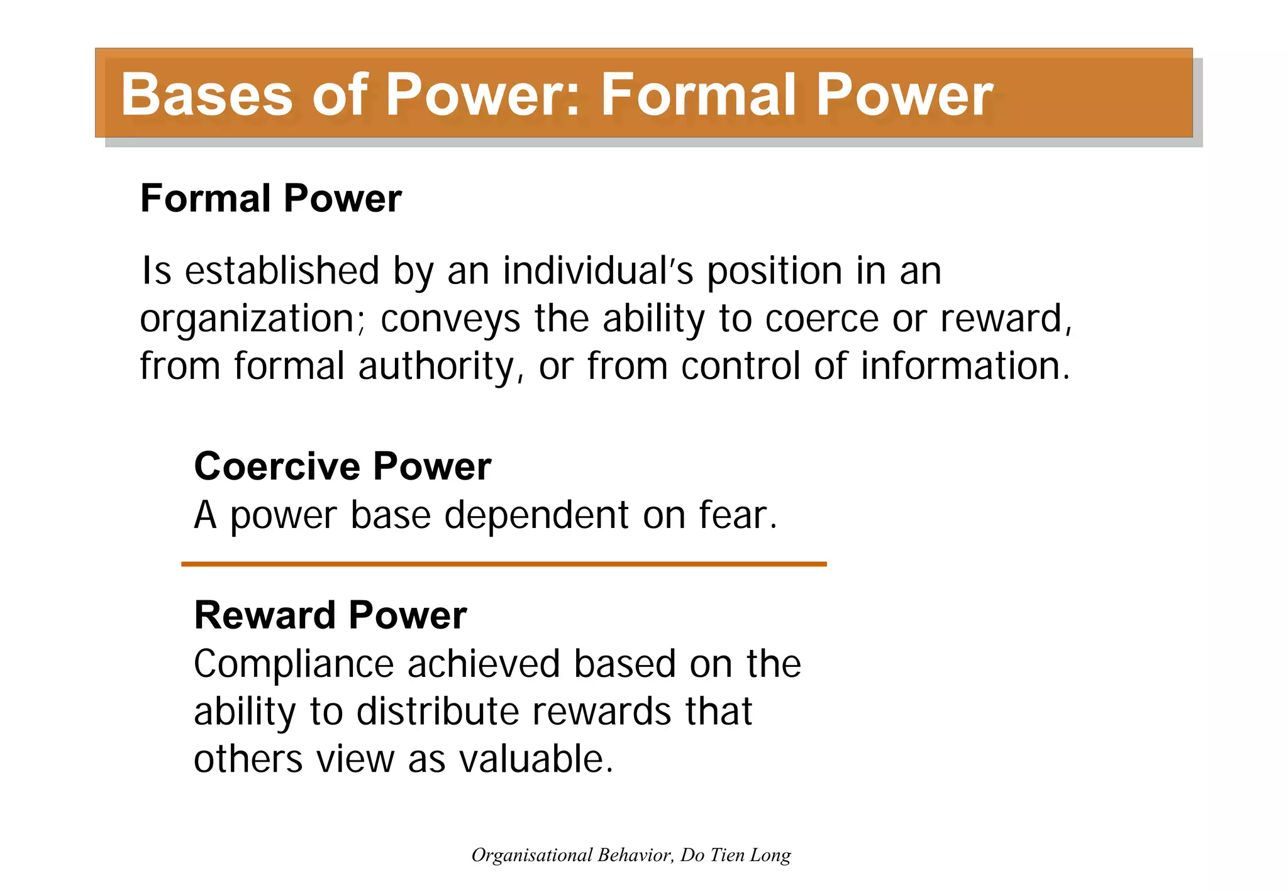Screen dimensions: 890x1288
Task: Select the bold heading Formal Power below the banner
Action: (x=270, y=199)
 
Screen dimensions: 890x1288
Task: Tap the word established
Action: (x=282, y=271)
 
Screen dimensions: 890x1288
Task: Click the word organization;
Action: (x=252, y=319)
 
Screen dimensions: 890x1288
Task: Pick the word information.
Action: (x=965, y=366)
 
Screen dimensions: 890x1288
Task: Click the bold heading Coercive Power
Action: (x=342, y=466)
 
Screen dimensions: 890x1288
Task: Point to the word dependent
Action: (x=536, y=515)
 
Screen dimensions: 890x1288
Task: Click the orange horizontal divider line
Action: (x=503, y=564)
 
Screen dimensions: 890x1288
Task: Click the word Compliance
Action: (x=294, y=664)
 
